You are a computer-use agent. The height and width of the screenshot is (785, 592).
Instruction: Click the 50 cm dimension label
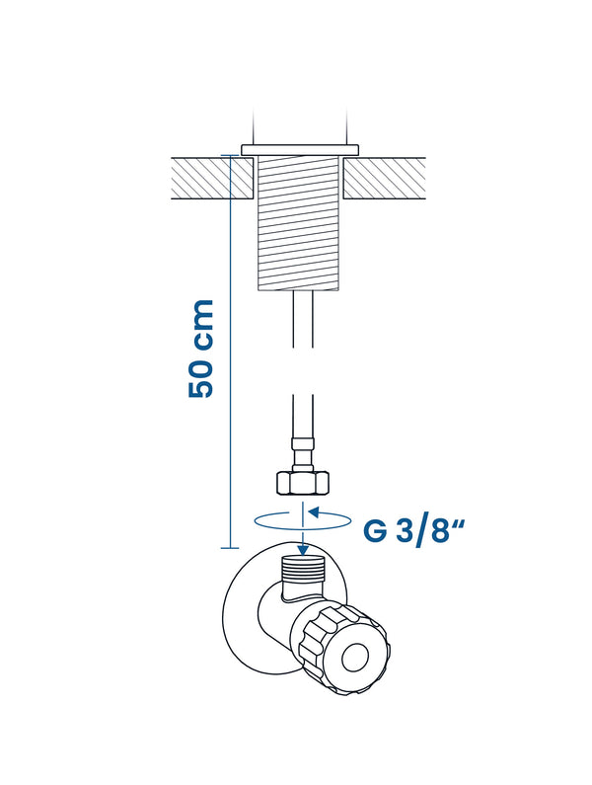(x=201, y=349)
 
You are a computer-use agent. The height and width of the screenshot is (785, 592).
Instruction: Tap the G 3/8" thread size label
(x=413, y=531)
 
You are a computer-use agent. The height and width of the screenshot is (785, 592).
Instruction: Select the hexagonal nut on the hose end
(x=303, y=483)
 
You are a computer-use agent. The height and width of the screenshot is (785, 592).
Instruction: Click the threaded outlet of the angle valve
(x=303, y=569)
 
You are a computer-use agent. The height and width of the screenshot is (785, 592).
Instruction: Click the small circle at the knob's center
(x=355, y=658)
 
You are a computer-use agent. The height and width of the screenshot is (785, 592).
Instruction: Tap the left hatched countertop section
(x=212, y=179)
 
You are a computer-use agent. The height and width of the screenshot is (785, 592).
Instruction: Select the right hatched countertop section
(x=385, y=179)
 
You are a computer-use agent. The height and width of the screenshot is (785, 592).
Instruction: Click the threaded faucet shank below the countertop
(x=298, y=223)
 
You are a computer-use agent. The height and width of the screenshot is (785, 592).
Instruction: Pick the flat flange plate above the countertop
(x=300, y=150)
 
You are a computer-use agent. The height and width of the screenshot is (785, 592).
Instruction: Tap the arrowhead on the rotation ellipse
(x=313, y=512)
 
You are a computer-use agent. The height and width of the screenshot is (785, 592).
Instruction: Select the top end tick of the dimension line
(x=230, y=156)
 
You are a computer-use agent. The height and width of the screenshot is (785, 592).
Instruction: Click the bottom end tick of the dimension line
(x=230, y=548)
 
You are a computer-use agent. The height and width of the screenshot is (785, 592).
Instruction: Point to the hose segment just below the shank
(x=303, y=319)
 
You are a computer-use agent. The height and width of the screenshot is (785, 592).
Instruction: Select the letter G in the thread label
(x=375, y=531)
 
